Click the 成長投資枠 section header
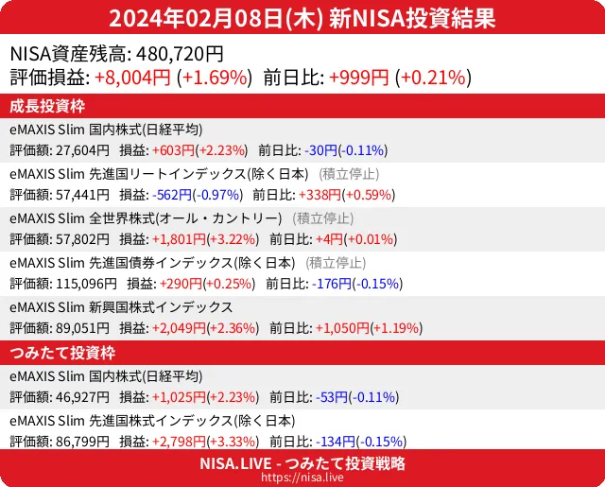point(50,106)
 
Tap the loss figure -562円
point(171,195)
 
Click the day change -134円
point(323,441)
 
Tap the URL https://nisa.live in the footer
point(302,478)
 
